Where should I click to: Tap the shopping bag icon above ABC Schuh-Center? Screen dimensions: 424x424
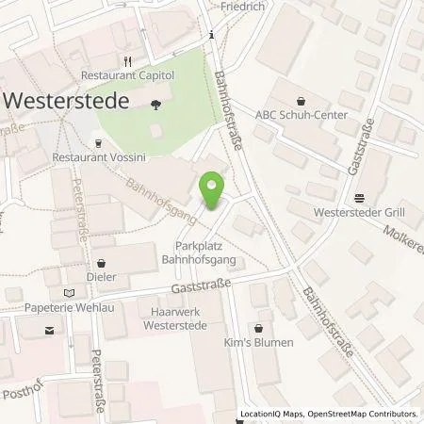pyautogui.click(x=301, y=100)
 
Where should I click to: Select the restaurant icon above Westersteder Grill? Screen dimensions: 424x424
pyautogui.click(x=360, y=198)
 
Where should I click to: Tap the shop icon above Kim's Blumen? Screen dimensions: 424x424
pyautogui.click(x=256, y=327)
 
